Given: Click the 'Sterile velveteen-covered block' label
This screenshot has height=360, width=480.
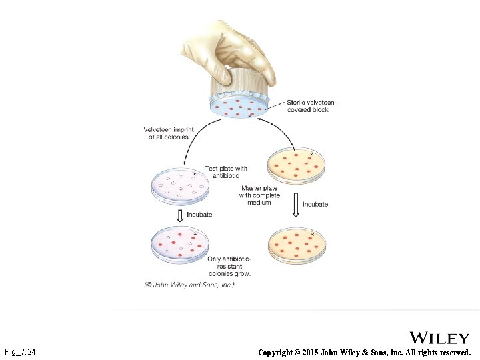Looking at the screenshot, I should click(311, 105).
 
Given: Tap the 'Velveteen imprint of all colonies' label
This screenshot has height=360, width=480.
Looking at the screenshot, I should click(166, 133).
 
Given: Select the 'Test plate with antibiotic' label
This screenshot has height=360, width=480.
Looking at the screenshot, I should click(227, 172).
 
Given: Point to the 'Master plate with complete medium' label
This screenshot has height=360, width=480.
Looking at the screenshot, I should click(259, 195).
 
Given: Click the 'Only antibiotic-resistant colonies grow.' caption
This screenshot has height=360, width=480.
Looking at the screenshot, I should click(229, 266).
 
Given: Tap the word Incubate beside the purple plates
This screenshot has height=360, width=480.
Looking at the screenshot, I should click(199, 214).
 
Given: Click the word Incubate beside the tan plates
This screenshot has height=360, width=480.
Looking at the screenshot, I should click(315, 204).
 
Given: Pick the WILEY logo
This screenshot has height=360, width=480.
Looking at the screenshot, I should click(439, 338).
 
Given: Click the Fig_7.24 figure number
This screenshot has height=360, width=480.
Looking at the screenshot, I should click(20, 351).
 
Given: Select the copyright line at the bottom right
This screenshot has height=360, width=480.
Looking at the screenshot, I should click(365, 351).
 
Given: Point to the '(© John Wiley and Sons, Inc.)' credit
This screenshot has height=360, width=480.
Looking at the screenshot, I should click(189, 285).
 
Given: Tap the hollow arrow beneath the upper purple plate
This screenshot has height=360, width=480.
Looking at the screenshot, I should click(179, 215).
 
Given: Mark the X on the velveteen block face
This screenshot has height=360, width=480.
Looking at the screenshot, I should click(250, 115).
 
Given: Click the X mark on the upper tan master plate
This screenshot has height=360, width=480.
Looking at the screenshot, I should click(311, 154).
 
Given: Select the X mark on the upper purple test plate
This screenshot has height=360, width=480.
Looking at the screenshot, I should click(195, 174).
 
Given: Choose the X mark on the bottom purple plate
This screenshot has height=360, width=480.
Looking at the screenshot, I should click(195, 234).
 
